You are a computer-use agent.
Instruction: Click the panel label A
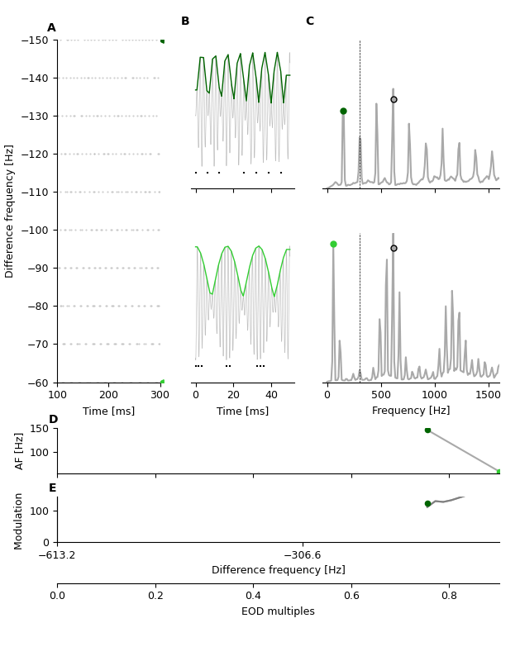[51, 28]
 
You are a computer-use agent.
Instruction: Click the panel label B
[185, 21]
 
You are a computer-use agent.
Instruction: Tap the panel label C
[309, 21]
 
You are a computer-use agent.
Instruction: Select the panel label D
[53, 420]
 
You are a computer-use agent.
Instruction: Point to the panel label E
[53, 488]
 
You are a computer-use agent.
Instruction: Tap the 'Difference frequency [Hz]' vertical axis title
[10, 211]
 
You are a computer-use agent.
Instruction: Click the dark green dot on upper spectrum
[343, 111]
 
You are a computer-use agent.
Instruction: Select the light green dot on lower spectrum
[333, 245]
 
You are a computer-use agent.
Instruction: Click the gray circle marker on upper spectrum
[394, 99]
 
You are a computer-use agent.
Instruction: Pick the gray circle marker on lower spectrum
[394, 248]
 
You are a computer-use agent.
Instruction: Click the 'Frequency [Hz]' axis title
[411, 411]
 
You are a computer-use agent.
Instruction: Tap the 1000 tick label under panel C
[434, 395]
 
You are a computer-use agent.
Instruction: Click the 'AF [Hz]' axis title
[20, 450]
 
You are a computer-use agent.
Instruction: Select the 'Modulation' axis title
[18, 521]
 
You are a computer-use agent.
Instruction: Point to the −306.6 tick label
[303, 555]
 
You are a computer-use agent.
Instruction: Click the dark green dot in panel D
[427, 430]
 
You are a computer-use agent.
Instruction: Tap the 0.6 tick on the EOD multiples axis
[351, 595]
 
